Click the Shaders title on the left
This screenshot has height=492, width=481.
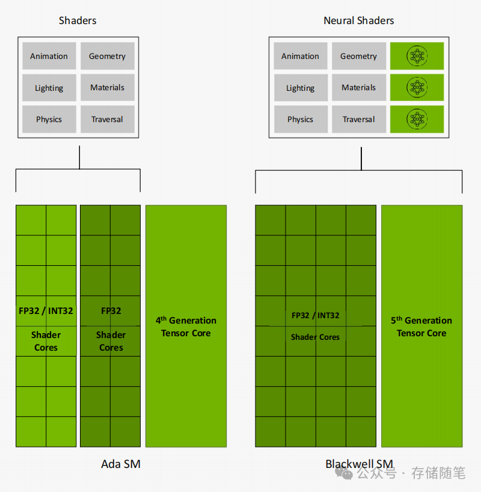78,20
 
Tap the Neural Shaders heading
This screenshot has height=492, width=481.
359,20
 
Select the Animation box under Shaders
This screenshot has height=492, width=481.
49,56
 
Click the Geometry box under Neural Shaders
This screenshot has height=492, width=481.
359,56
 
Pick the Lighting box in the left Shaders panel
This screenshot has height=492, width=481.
49,88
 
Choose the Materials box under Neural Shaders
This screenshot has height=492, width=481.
359,88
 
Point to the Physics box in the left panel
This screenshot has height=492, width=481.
49,119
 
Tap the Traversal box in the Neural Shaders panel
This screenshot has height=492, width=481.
359,119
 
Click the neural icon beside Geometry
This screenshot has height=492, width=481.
417,56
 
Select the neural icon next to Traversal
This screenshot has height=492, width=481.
417,119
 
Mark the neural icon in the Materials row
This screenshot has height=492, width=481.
417,88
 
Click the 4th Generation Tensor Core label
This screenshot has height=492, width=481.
186,327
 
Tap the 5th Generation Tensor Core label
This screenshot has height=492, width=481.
421,327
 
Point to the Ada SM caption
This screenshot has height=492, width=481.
121,464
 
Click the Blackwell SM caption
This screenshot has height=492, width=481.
359,464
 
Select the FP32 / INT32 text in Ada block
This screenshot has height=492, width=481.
46,311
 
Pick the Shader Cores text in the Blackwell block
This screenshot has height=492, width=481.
315,337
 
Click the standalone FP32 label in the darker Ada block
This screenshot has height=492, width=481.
111,311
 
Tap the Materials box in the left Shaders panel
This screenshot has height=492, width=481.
108,88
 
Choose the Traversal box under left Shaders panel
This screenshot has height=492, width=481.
108,119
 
